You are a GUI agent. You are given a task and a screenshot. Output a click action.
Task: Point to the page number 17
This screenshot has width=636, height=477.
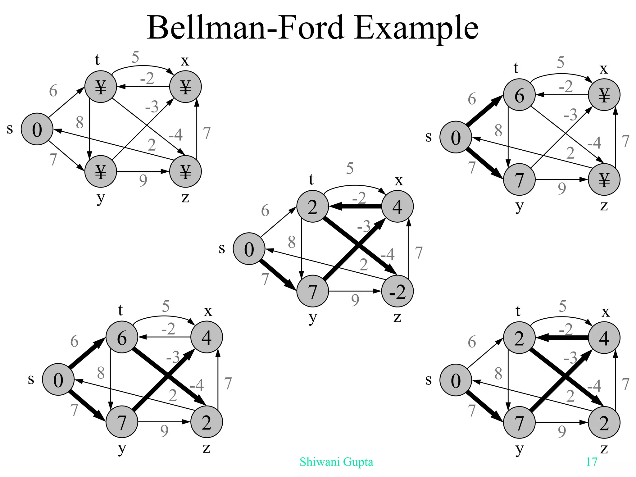[591, 462]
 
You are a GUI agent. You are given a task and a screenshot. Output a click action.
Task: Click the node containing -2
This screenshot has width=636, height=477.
[397, 291]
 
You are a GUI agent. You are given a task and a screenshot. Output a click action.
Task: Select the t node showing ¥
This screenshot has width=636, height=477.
[101, 87]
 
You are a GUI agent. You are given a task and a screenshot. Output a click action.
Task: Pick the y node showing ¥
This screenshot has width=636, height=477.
[101, 171]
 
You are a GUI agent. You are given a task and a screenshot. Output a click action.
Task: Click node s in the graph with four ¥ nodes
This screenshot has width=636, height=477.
[37, 129]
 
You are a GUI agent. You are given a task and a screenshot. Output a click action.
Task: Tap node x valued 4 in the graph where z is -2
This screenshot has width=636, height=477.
[397, 207]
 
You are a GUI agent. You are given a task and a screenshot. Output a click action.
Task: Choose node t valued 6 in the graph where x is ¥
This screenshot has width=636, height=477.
[519, 95]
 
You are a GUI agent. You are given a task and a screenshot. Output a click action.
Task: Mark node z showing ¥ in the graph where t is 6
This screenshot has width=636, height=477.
[604, 179]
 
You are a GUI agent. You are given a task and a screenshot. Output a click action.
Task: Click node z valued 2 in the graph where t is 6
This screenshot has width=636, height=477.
[207, 422]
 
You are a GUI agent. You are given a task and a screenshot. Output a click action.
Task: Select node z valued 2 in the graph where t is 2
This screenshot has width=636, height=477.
[604, 423]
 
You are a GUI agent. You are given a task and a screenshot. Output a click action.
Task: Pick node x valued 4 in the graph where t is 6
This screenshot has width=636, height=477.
[207, 337]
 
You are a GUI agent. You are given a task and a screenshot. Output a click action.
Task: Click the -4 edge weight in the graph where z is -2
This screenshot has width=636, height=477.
[388, 255]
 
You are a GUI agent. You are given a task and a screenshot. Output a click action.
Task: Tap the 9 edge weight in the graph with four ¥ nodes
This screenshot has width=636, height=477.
[143, 180]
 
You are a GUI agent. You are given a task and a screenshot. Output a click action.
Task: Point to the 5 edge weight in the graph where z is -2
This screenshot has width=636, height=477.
[350, 169]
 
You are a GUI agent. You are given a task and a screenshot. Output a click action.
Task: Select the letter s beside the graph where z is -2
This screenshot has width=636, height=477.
[222, 248]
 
